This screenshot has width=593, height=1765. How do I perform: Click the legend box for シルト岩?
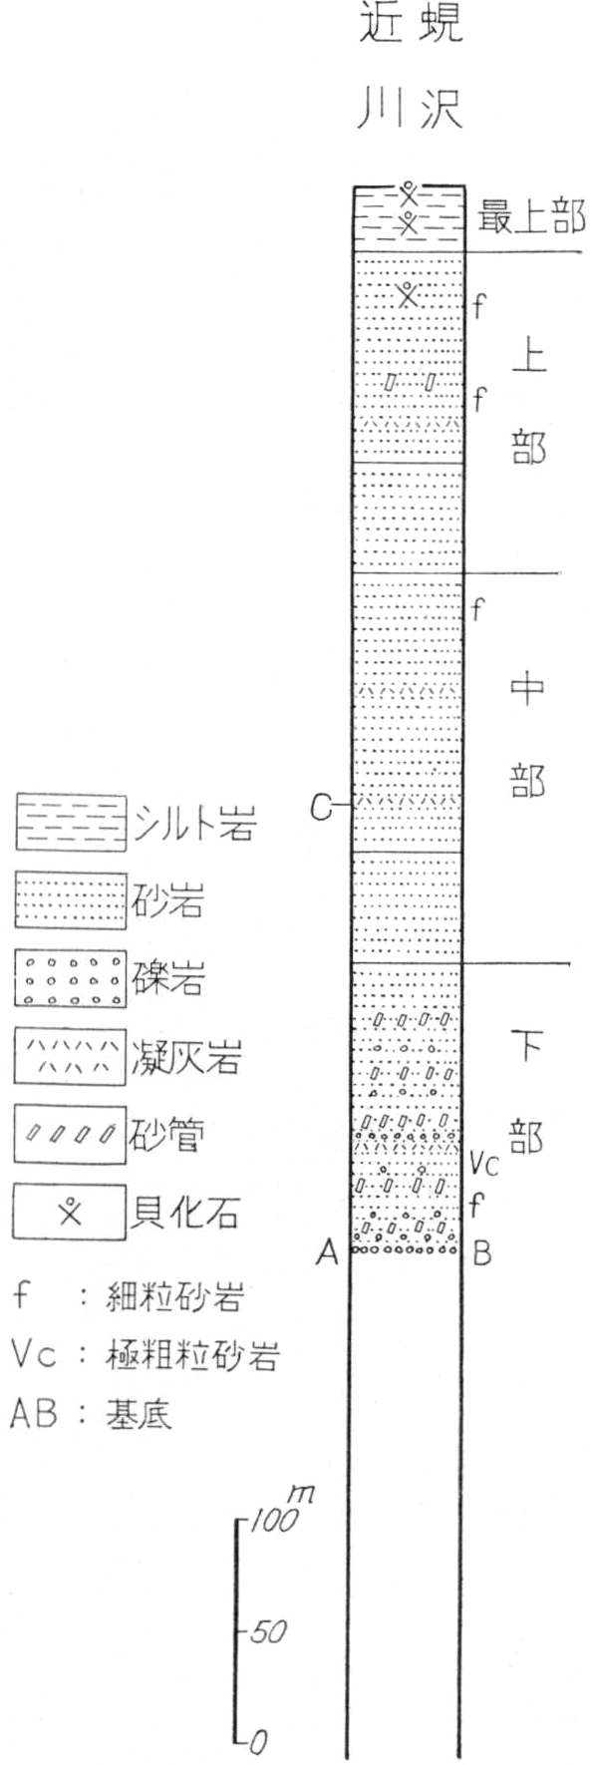coord(70,824)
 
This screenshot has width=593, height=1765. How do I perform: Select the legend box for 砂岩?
coord(70,901)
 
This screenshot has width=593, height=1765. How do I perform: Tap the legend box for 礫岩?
coord(70,980)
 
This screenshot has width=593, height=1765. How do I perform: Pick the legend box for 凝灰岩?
coord(70,1056)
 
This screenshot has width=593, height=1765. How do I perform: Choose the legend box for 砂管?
coord(70,1135)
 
